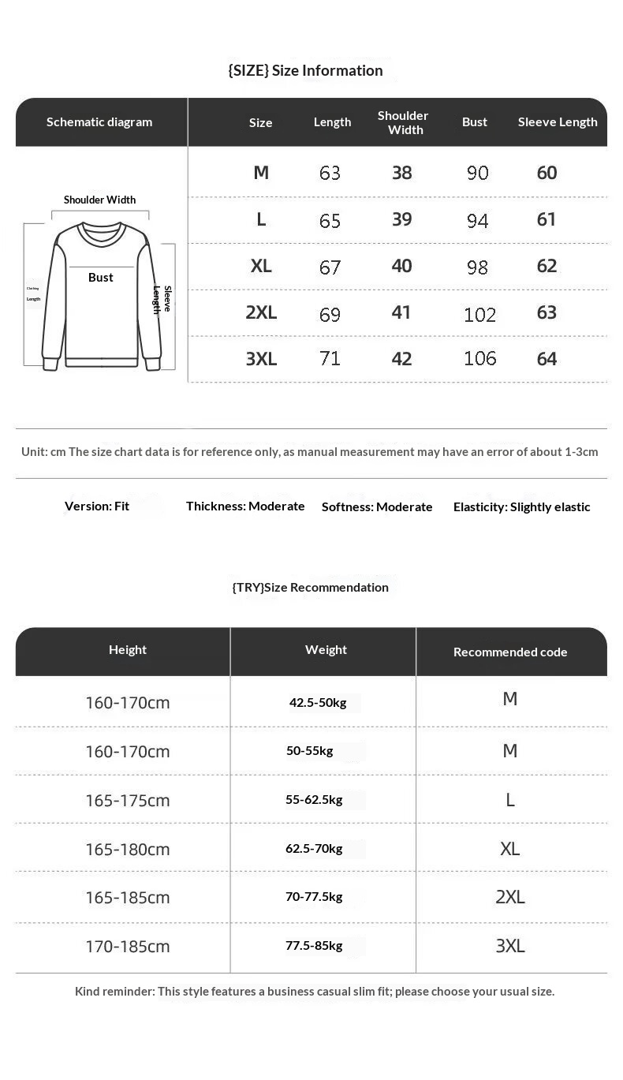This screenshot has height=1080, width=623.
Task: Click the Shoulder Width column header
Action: point(403,122)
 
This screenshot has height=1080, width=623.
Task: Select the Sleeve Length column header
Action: point(558,121)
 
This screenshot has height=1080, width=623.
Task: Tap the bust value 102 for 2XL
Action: point(479,315)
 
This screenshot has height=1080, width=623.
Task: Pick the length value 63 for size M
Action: point(330,173)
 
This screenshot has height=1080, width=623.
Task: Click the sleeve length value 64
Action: point(547,359)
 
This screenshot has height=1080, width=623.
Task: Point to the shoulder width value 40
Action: point(402,266)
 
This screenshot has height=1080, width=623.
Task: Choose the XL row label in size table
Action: point(261,266)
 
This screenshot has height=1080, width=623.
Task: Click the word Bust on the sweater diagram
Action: point(101,278)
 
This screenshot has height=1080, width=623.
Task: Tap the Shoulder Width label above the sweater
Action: point(99,200)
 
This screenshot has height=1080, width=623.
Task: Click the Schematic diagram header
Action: point(99,121)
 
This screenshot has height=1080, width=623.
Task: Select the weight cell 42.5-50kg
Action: point(318,702)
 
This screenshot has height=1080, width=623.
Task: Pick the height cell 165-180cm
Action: point(128,849)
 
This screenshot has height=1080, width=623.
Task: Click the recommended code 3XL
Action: point(510,946)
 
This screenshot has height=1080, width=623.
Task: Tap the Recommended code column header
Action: point(510,652)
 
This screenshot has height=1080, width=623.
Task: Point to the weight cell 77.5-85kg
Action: point(314,945)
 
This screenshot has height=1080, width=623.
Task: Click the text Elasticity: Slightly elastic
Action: point(521,506)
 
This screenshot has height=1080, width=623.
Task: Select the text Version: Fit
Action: point(97,506)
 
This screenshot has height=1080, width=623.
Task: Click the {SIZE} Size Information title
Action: point(305,70)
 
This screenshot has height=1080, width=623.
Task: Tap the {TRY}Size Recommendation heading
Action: point(310,587)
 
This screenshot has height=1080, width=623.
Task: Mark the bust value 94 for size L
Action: point(477,220)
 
